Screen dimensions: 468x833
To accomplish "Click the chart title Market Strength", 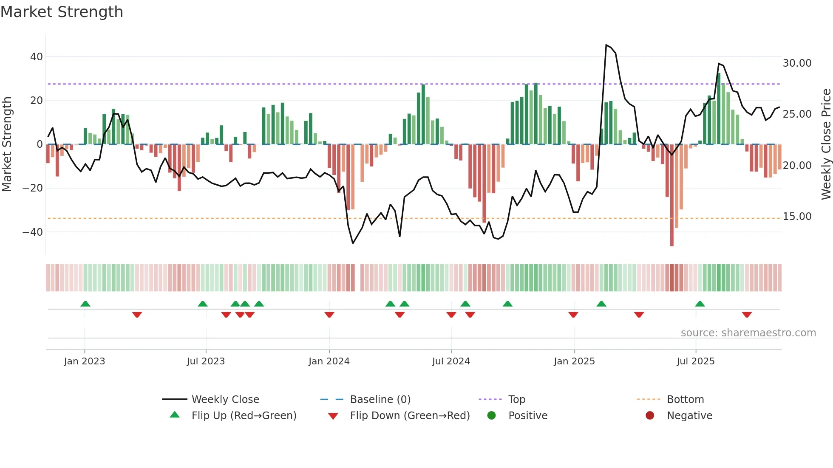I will coord(62,12).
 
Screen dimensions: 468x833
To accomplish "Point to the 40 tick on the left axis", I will coord(37,57).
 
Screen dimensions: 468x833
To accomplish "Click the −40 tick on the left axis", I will coord(33,232).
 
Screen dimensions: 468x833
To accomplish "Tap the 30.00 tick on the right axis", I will coord(797,63).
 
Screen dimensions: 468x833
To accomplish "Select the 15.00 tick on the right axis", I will coord(797,217).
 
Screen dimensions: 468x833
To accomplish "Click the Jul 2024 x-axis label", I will coord(451,361).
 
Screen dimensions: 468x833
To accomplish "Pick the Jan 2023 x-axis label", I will coord(85,361).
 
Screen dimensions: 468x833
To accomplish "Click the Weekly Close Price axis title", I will coord(826,144).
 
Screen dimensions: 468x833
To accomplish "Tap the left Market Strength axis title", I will coord(7,144).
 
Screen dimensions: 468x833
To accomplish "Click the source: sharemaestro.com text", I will coord(748,333).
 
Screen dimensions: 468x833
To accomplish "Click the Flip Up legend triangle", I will coord(175,415).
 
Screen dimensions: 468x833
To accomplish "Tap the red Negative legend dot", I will coord(650,415).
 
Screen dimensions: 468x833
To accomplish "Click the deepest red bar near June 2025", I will coord(672,195).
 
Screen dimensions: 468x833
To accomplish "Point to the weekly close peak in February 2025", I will coord(606,45).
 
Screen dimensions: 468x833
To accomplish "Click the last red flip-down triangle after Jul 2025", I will coord(747,315).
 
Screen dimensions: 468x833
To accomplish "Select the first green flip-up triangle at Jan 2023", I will coord(85,304).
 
